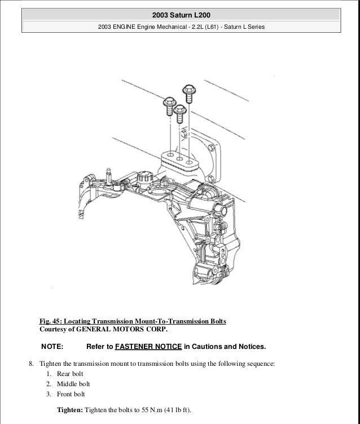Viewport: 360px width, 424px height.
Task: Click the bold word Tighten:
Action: click(69, 410)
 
